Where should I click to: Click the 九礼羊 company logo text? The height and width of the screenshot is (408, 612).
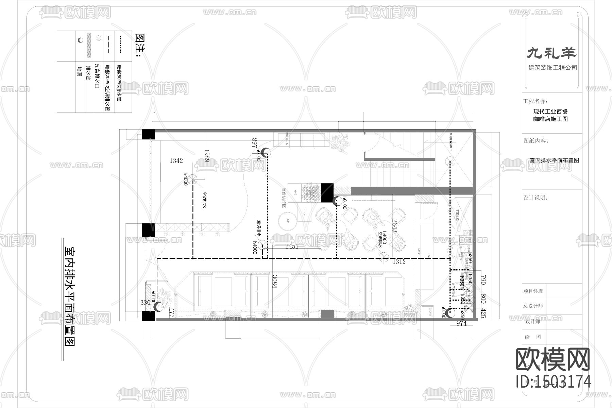click(x=552, y=53)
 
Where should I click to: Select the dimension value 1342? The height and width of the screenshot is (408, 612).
click(x=176, y=160)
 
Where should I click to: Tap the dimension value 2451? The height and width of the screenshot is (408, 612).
click(x=291, y=246)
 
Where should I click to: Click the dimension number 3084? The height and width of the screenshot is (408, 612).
click(x=274, y=282)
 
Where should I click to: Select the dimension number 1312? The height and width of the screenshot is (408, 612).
click(x=399, y=262)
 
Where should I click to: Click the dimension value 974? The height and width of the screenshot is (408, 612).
click(x=461, y=323)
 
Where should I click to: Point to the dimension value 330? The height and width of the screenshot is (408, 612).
click(x=145, y=303)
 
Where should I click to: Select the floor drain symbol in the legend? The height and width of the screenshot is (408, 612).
click(x=80, y=40)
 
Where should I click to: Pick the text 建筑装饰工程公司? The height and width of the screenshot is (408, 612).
click(x=552, y=68)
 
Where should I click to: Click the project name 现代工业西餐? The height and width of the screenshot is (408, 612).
click(x=550, y=111)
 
